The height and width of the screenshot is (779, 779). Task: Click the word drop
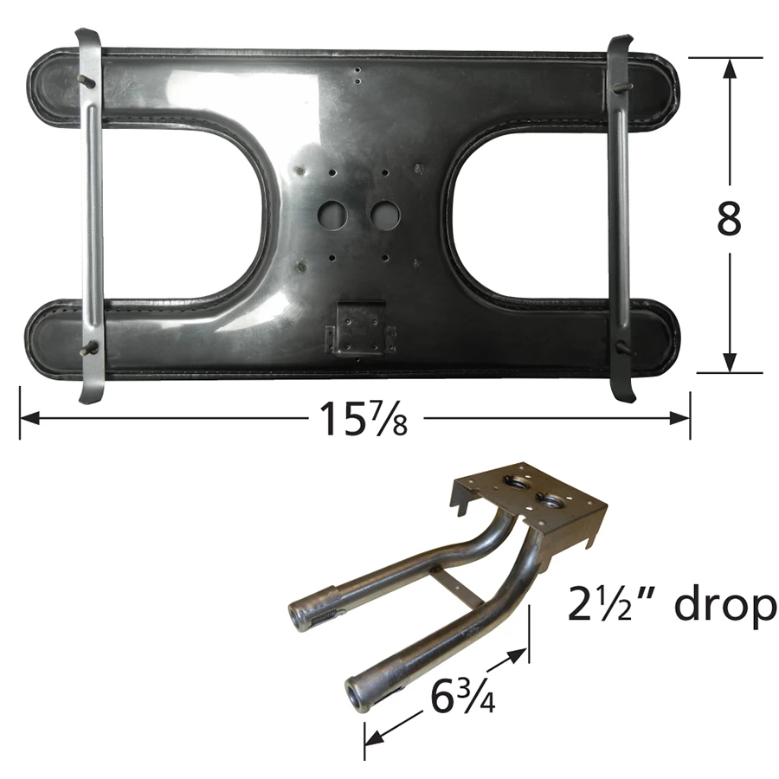coord(724,602)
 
